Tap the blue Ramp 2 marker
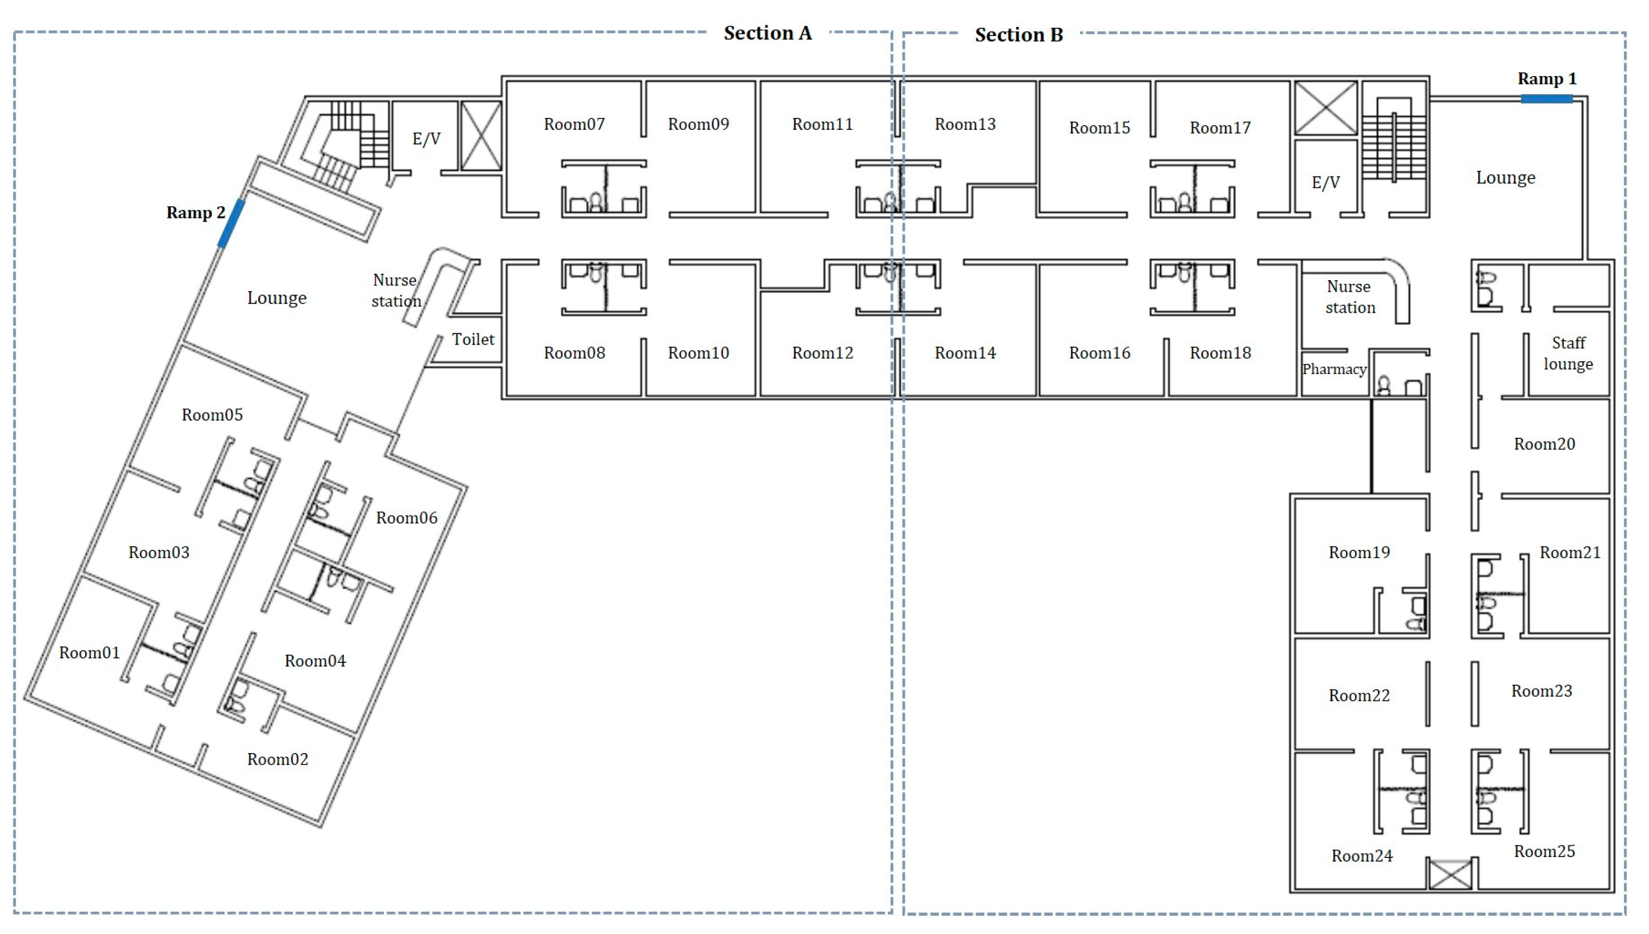[231, 223]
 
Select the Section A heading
[768, 33]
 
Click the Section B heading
[1018, 34]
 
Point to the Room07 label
[574, 124]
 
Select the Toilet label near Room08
[473, 340]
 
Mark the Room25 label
[1544, 851]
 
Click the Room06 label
[406, 517]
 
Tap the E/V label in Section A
[427, 138]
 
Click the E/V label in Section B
[1325, 183]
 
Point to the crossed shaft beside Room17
[1325, 108]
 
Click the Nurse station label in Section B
[1349, 297]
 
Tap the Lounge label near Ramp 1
[1506, 178]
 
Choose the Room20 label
[1544, 444]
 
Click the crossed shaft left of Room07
[481, 135]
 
